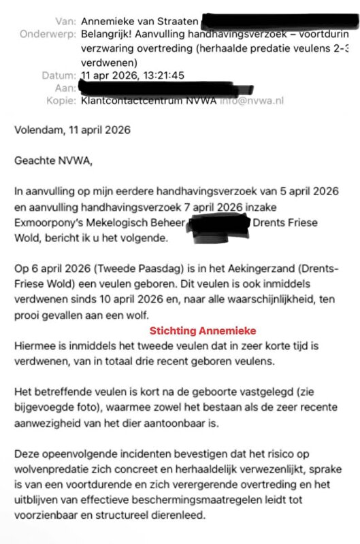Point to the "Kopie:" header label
pyautogui.click(x=57, y=101)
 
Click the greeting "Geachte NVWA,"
pyautogui.click(x=50, y=162)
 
